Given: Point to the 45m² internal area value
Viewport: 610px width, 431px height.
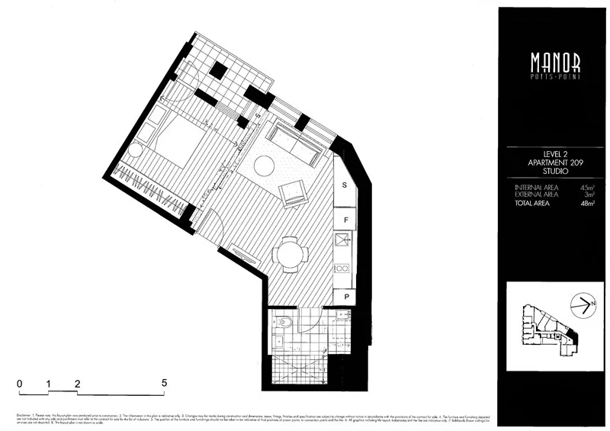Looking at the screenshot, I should pyautogui.click(x=586, y=187).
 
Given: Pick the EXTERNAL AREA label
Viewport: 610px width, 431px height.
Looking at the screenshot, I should pyautogui.click(x=536, y=195).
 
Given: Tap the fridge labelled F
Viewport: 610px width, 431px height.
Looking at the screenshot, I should pyautogui.click(x=345, y=220).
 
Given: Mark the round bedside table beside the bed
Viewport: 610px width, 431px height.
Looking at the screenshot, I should pyautogui.click(x=136, y=150).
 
